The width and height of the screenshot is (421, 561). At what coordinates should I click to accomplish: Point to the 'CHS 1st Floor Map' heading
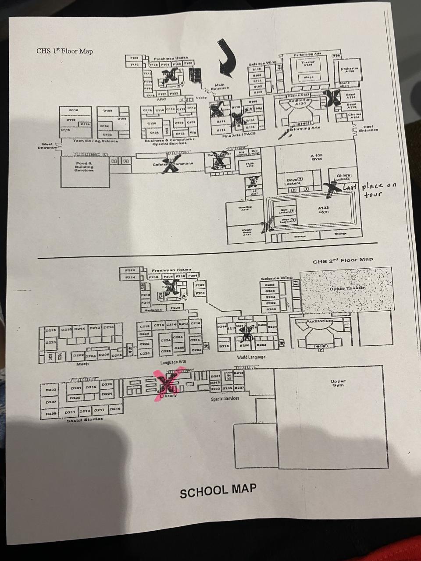[64, 51]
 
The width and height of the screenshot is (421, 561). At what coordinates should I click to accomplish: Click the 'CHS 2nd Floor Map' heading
[343, 261]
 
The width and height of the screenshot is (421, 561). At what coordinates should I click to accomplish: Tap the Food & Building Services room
[84, 167]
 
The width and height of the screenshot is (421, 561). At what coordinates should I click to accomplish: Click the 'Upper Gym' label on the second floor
[337, 383]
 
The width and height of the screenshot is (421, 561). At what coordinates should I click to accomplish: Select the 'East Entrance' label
[368, 128]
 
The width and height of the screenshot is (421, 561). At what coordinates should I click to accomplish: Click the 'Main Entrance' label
[220, 87]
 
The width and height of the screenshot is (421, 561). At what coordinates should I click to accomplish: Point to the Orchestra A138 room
[350, 70]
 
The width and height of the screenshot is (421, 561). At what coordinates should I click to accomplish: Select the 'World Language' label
[251, 357]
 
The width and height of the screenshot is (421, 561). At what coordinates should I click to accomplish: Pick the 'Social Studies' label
[85, 419]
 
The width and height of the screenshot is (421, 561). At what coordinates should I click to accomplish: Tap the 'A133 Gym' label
[324, 210]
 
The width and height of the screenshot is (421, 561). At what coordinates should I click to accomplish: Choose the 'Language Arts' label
[173, 362]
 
